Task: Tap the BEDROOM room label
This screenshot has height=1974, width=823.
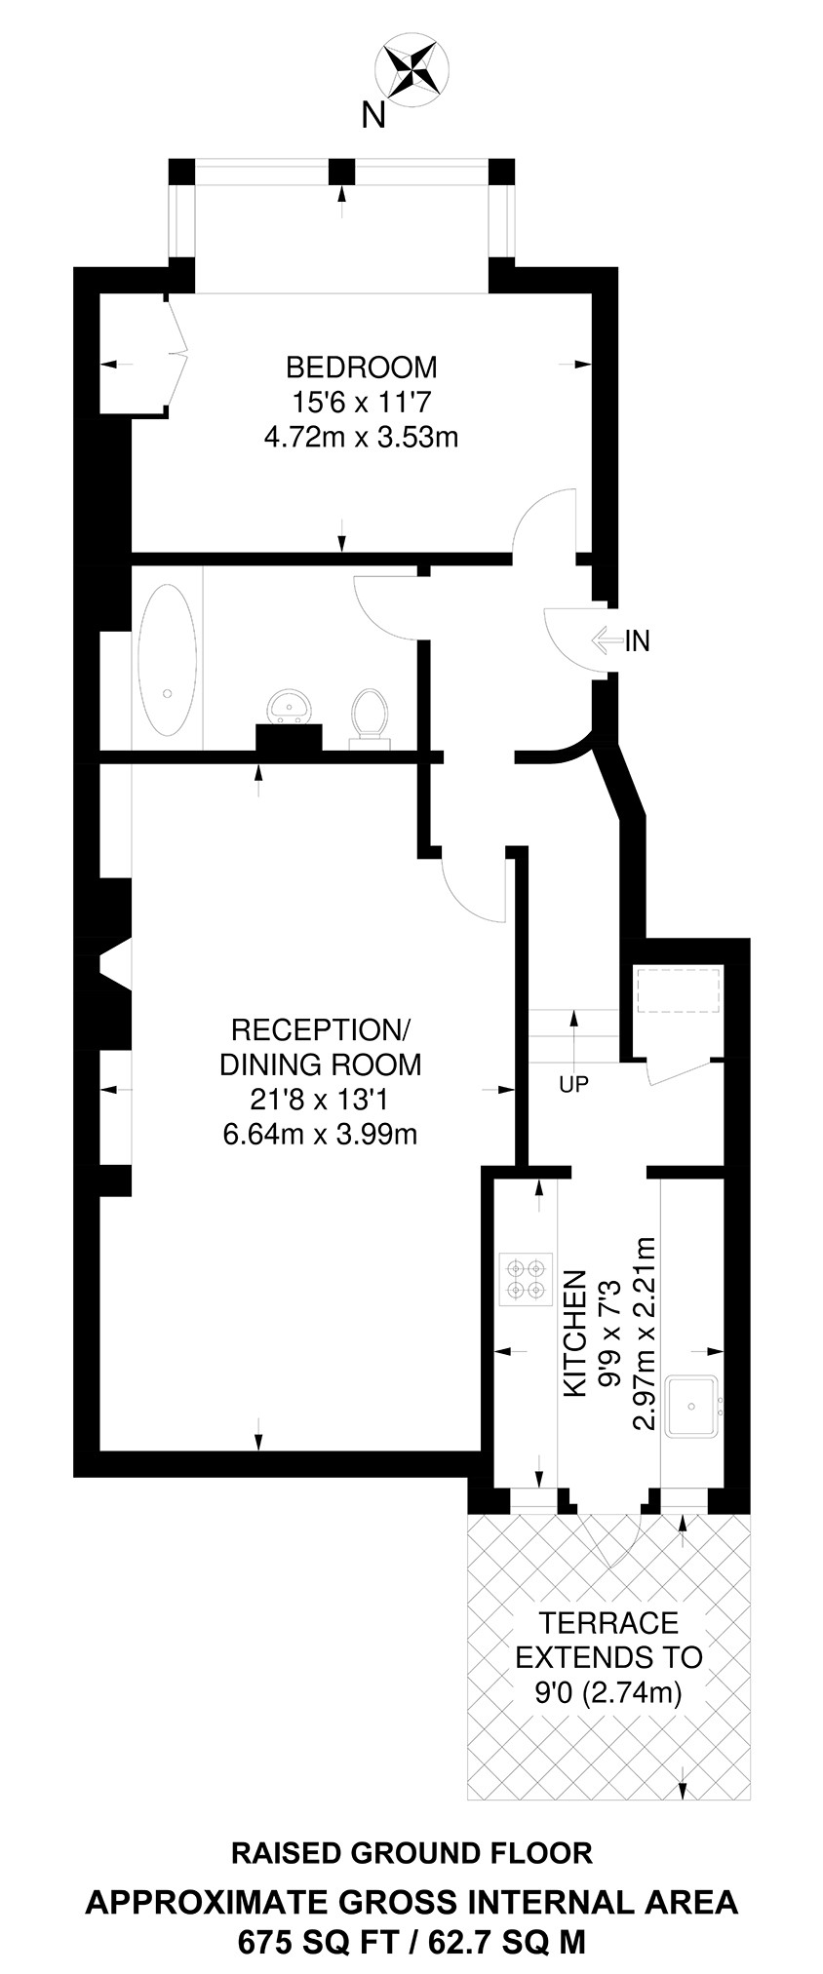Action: [361, 368]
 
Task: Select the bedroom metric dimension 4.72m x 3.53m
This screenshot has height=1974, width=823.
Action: [361, 437]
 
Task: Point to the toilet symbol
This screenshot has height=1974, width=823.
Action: [369, 716]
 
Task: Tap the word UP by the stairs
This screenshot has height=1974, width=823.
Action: [573, 1084]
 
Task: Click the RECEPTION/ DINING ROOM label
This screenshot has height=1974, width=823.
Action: [321, 1046]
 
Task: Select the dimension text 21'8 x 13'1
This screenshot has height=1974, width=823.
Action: [321, 1100]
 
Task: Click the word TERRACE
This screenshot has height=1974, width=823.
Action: [608, 1623]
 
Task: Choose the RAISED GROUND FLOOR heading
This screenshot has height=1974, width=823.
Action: [411, 1853]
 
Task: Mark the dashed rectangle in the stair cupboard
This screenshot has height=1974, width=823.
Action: [677, 991]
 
